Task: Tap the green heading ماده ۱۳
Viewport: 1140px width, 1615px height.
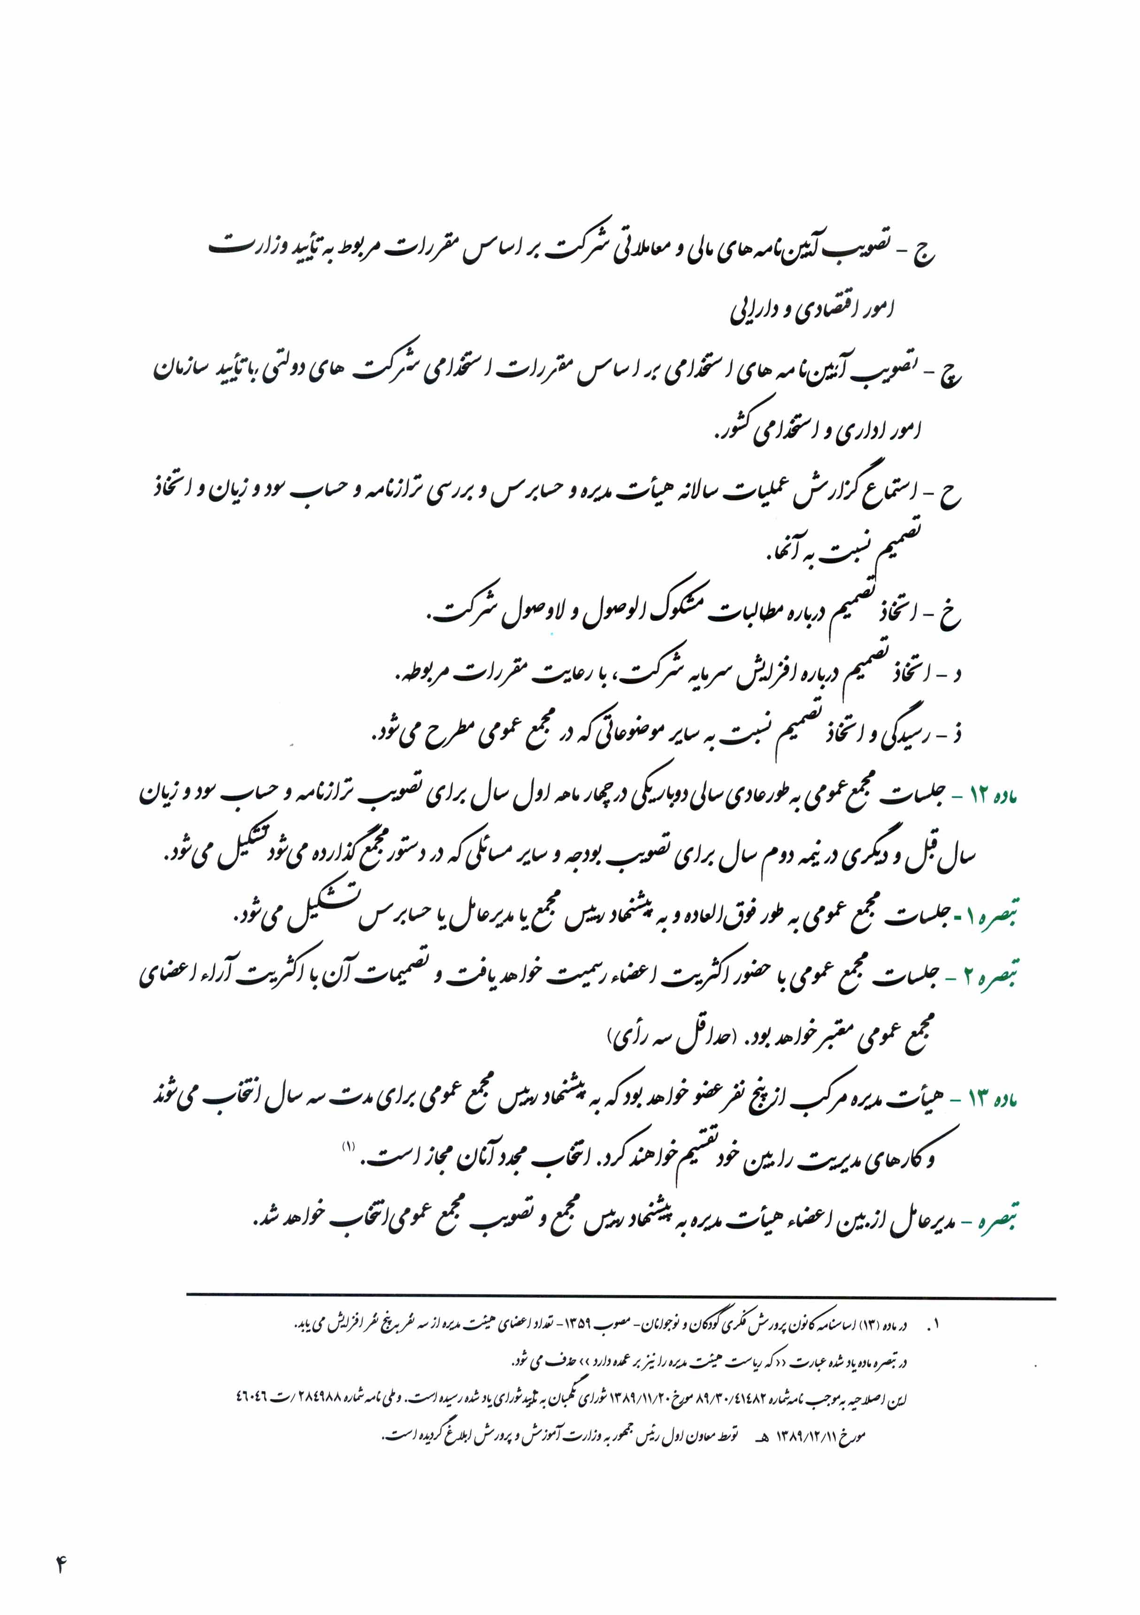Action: click(x=992, y=1099)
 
